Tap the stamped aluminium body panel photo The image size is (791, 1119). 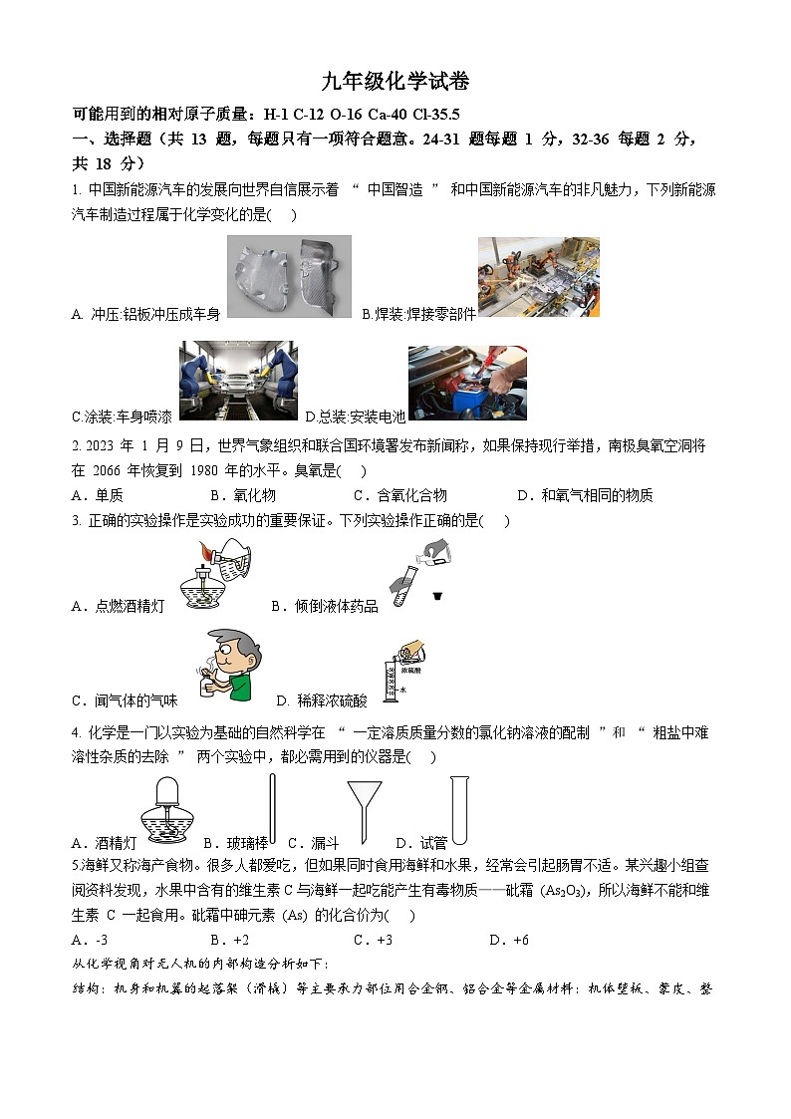(289, 277)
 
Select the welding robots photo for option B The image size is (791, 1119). (538, 277)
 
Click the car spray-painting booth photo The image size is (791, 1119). (238, 383)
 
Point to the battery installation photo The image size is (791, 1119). (467, 383)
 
